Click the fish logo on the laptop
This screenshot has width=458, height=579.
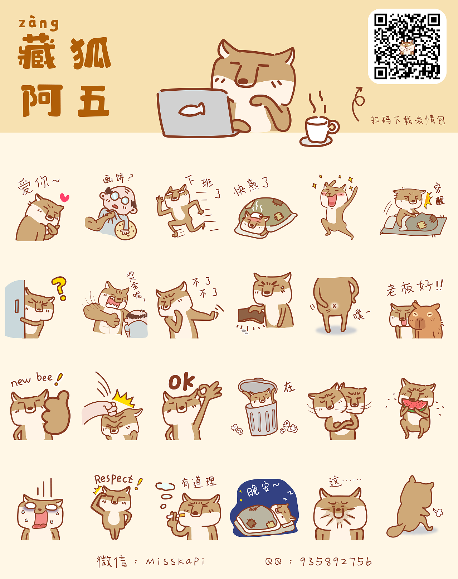point(192,110)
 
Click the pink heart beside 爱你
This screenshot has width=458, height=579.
point(64,197)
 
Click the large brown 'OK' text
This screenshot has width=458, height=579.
point(181,382)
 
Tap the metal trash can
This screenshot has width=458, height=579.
point(262,416)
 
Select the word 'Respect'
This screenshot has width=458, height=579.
point(113,479)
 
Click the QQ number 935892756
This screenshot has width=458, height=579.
point(336,561)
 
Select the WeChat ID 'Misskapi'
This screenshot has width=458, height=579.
point(175,561)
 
